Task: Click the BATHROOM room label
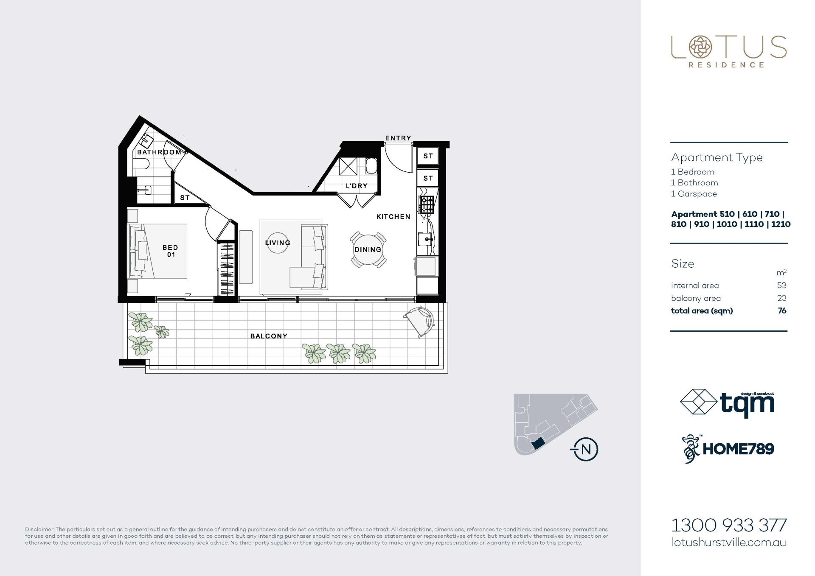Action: pos(159,152)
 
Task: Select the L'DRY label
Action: pos(357,186)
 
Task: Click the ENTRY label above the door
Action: pos(398,138)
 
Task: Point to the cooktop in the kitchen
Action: pos(427,205)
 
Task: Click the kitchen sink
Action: pos(426,240)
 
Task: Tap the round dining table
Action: pos(368,250)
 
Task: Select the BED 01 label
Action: pos(170,251)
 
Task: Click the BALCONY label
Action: pos(269,336)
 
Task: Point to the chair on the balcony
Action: pos(419,322)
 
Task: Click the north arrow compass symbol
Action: pos(585,449)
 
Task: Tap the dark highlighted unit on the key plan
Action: pos(538,444)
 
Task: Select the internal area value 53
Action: pos(781,285)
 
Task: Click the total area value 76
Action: pos(782,310)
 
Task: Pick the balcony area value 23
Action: pos(781,298)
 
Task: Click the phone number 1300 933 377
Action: pos(729,525)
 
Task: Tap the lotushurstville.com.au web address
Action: pos(729,542)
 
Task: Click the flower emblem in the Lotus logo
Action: pos(700,47)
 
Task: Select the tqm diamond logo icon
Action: pos(698,402)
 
